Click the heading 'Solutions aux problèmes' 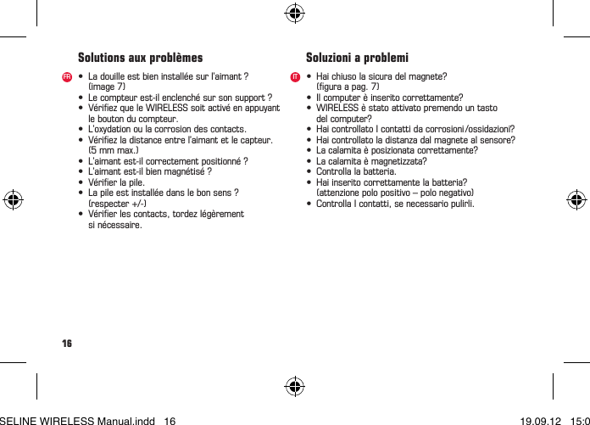[140, 59]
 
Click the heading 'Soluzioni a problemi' [357, 59]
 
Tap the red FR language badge [66, 77]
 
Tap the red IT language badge [294, 77]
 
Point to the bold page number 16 [66, 344]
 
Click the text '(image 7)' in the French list [107, 87]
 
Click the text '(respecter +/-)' [117, 204]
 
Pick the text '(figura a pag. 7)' [348, 87]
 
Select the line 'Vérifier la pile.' [116, 182]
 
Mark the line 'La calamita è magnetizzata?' [371, 161]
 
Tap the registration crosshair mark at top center [294, 13]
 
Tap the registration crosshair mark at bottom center [294, 387]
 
